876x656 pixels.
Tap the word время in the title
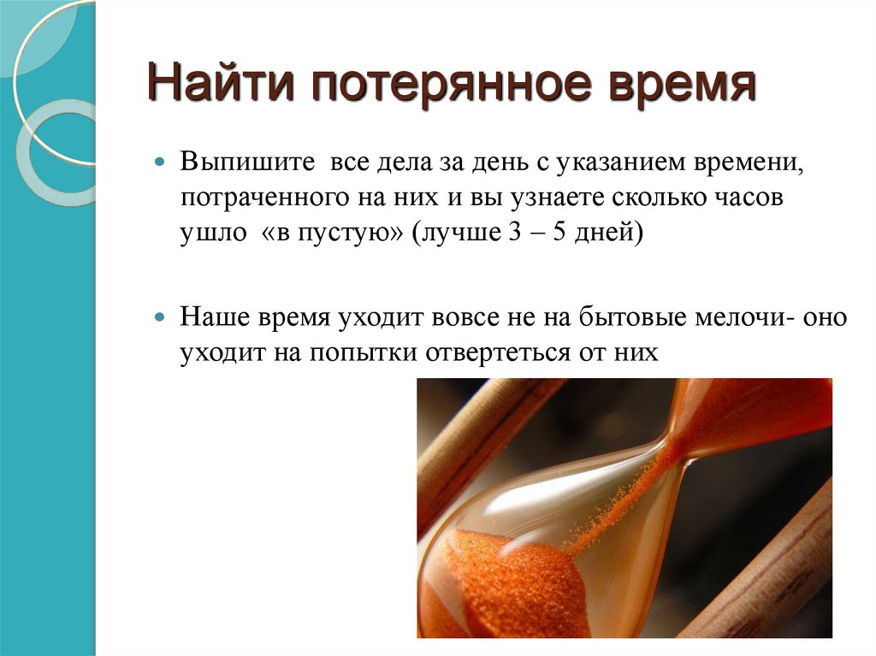[x=678, y=86]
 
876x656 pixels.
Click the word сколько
[x=658, y=198]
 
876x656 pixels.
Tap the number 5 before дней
[x=557, y=233]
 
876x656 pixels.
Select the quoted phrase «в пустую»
[x=328, y=233]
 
